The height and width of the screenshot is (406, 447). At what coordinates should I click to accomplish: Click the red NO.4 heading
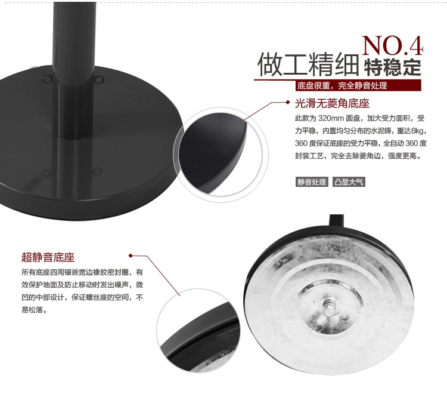(x=393, y=45)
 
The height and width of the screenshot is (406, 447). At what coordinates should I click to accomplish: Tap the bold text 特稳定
(x=393, y=67)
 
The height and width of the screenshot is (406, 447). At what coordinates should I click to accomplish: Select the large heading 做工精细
(x=308, y=64)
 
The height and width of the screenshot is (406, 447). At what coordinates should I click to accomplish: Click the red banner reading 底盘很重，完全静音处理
(x=358, y=85)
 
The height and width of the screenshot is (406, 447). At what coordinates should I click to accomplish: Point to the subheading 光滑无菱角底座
(x=332, y=103)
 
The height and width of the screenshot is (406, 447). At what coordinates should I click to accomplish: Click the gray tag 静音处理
(x=312, y=182)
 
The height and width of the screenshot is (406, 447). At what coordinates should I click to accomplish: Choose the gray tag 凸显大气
(x=349, y=182)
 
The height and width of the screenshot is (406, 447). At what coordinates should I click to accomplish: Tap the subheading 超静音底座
(x=48, y=257)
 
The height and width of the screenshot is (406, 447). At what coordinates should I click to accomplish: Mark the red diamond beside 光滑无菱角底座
(x=288, y=102)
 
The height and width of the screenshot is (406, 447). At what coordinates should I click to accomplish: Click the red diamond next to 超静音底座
(x=131, y=256)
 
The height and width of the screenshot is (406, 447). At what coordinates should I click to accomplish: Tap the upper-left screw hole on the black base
(x=47, y=78)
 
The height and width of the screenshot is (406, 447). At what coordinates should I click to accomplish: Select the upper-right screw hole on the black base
(x=100, y=78)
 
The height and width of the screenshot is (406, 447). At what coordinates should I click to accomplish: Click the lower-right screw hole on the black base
(x=97, y=171)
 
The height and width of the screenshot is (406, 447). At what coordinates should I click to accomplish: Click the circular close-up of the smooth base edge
(x=221, y=155)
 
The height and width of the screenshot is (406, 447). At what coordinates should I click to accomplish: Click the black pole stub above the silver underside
(x=337, y=220)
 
